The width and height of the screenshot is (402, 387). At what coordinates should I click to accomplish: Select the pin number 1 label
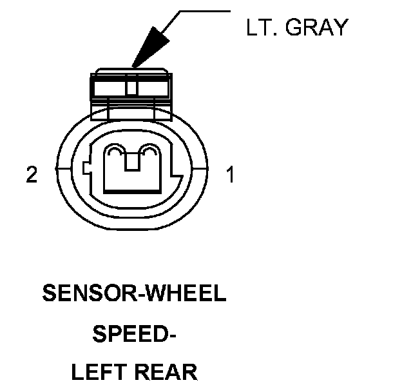(x=230, y=175)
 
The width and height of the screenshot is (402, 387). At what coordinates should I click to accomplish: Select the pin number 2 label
(x=32, y=175)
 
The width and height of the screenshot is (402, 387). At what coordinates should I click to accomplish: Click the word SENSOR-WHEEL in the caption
(x=134, y=293)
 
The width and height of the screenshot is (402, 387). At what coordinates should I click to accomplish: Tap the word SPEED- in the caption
(x=134, y=333)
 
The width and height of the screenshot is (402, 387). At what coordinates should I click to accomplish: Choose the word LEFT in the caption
(x=97, y=373)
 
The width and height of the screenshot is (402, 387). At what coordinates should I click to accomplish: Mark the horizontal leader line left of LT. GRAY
(x=205, y=11)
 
